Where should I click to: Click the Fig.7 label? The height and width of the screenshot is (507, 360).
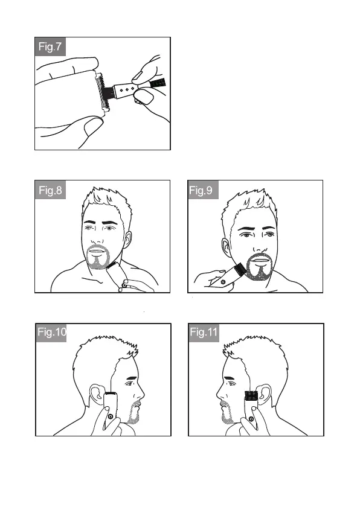coord(50,46)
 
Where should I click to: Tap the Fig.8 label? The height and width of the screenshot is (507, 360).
coord(50,190)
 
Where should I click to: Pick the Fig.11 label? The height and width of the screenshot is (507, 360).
coord(204,332)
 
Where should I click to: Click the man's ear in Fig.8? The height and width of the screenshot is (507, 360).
coord(127,240)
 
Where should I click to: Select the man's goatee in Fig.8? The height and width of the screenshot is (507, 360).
coord(98,257)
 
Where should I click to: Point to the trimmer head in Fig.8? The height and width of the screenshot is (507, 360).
coord(112,266)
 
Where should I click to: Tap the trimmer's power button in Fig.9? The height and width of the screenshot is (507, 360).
coord(222,282)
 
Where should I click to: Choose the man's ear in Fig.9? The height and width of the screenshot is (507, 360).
coord(226,248)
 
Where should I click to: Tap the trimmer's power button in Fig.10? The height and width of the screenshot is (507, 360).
coord(111,416)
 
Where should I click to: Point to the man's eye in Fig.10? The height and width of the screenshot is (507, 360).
coord(129,384)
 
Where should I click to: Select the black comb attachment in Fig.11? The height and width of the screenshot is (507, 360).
coord(251,395)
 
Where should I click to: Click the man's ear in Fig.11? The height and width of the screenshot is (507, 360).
coord(263,395)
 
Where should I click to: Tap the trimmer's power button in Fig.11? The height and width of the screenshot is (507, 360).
coord(251,419)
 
